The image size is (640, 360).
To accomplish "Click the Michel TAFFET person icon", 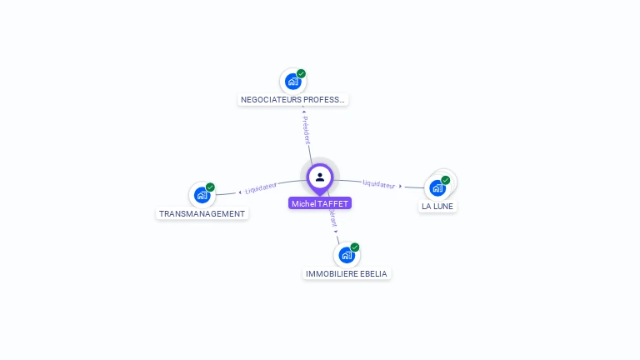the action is click(x=320, y=177).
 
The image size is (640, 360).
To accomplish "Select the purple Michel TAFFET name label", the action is click(x=320, y=203).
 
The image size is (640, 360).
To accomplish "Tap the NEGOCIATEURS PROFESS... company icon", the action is click(x=292, y=82).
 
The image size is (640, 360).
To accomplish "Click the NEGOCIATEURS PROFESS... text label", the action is click(x=292, y=100).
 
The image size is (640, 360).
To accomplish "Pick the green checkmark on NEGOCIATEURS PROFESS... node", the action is click(x=301, y=73).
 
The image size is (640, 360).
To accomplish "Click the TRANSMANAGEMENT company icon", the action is click(x=202, y=195).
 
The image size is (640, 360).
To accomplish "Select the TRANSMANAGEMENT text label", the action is click(x=202, y=213).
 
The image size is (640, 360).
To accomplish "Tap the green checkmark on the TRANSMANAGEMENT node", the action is click(x=210, y=187).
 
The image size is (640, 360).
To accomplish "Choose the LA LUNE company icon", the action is click(x=437, y=187).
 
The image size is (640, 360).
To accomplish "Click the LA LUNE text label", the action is click(x=438, y=206).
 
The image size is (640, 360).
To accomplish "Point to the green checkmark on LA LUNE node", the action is click(x=446, y=180).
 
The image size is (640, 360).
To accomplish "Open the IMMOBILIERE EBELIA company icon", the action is click(x=347, y=255).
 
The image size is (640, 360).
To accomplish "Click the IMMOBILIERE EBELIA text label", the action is click(x=347, y=273).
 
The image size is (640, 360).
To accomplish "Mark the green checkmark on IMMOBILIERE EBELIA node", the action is click(x=355, y=247).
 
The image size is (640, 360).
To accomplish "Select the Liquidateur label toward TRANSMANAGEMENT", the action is click(x=261, y=187).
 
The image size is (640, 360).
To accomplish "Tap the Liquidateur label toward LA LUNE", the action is click(x=380, y=183).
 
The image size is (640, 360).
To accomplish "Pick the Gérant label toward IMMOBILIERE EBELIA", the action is click(x=333, y=219).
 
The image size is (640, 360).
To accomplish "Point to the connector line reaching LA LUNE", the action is click(x=413, y=187).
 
